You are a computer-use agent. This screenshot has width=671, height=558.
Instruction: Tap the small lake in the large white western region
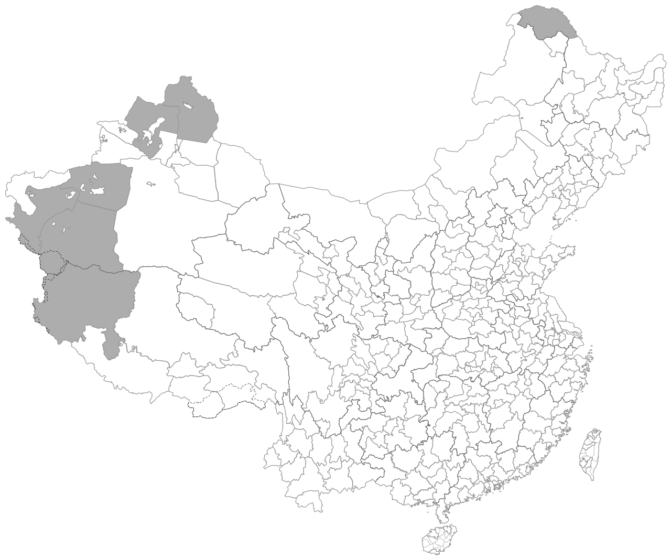pos(151,184)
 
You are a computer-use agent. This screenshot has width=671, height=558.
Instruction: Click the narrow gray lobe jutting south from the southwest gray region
pos(111,344)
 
